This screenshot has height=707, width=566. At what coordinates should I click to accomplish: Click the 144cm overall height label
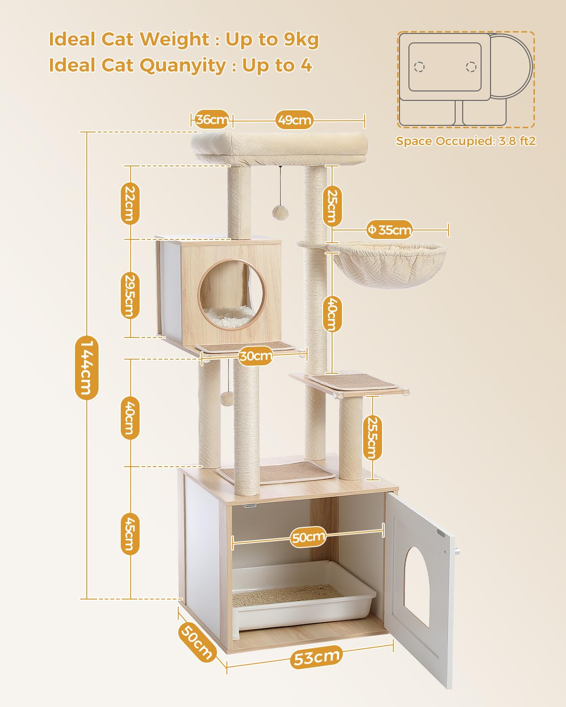(86, 367)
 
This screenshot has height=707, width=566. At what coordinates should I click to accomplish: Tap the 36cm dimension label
(212, 120)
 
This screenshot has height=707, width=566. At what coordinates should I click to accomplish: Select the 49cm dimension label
(294, 120)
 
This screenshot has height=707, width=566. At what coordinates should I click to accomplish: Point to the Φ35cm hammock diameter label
(390, 230)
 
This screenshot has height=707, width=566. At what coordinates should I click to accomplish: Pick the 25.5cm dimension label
(372, 438)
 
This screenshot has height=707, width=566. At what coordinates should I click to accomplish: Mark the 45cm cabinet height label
(130, 534)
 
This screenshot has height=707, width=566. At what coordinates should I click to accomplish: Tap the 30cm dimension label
(256, 356)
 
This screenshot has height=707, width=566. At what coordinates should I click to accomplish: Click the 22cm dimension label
(130, 204)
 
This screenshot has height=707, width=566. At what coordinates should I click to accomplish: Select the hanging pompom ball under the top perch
(281, 212)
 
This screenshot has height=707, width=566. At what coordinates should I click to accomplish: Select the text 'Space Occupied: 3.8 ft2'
(466, 141)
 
